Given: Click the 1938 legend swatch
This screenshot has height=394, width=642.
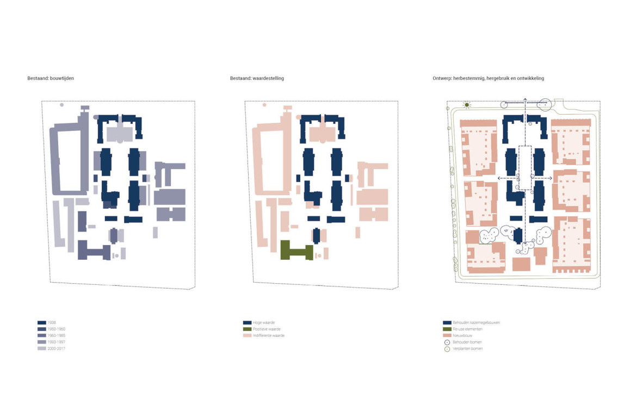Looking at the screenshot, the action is (42, 322).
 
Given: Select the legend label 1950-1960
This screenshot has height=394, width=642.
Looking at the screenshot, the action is (56, 329).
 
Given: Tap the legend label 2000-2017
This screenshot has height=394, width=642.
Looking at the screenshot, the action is (56, 348).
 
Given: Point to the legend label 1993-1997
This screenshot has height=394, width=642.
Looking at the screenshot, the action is (56, 342).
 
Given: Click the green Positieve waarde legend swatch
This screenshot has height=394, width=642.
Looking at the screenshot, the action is (248, 329).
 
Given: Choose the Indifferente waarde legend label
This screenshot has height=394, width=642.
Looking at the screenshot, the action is (269, 335).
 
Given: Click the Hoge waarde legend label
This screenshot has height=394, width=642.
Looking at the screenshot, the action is (264, 322).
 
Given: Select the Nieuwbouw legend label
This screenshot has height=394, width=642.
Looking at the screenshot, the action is (462, 335).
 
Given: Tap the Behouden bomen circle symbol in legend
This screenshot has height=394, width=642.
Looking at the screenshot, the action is (447, 342).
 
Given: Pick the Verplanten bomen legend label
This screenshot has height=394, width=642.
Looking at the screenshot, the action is (467, 348).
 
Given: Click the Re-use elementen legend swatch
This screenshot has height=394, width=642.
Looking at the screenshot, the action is (447, 329).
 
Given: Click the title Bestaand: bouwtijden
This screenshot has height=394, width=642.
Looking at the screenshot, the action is (51, 78).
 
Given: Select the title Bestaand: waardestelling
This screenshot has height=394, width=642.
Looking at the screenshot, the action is (257, 78).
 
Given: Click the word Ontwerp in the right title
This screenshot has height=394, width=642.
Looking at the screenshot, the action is (442, 78).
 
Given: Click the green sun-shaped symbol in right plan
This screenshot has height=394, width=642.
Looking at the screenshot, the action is (467, 105).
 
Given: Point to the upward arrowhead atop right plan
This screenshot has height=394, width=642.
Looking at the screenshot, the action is (525, 99).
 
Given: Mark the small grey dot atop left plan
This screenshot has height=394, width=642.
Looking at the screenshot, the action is (62, 105).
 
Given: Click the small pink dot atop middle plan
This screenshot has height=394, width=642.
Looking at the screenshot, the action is (264, 105).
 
